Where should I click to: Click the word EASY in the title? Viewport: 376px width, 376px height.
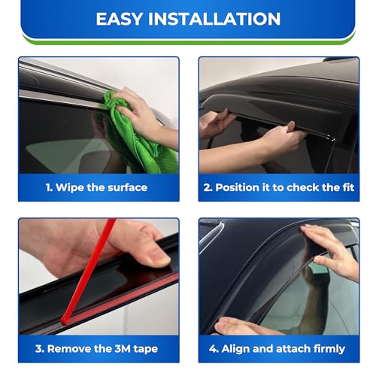[120, 19]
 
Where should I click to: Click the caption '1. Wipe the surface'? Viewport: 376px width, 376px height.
[96, 187]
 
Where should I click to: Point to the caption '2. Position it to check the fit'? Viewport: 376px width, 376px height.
[278, 187]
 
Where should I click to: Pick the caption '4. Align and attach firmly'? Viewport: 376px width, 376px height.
[279, 348]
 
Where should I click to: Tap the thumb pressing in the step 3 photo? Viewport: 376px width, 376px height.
[147, 252]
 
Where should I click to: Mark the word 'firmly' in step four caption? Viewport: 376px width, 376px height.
[326, 348]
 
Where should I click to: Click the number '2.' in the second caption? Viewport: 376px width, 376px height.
[207, 187]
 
